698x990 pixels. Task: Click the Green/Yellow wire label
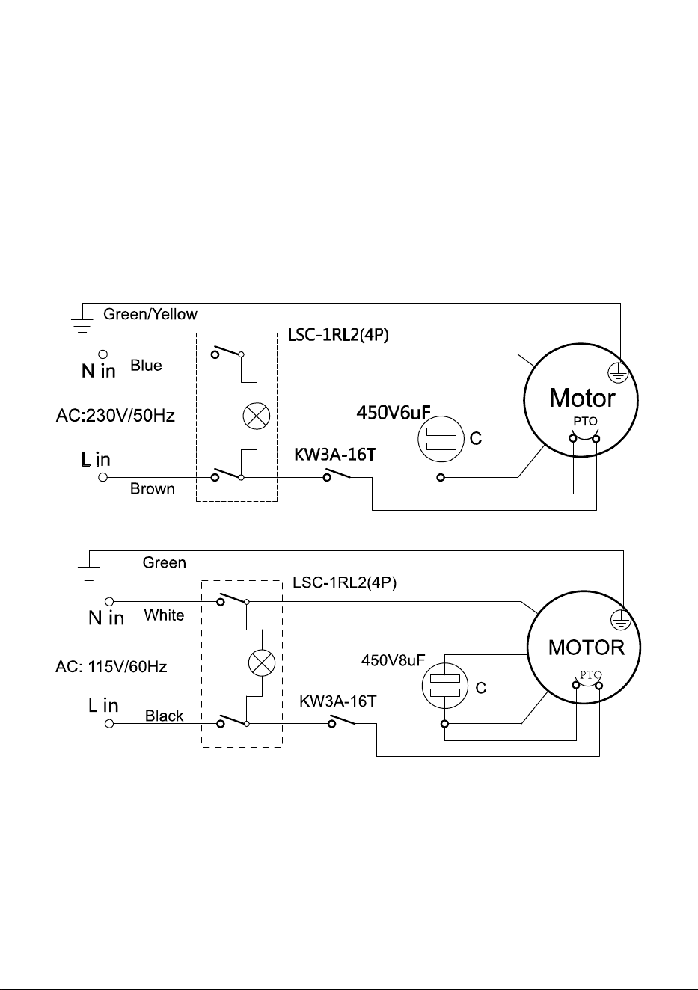[150, 314]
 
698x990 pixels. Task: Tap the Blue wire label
[146, 366]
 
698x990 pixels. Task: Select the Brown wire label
[152, 489]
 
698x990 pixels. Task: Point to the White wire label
[164, 615]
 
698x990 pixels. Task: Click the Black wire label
[164, 716]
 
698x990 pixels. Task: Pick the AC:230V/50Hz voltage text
[115, 416]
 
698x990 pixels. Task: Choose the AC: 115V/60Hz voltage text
[111, 666]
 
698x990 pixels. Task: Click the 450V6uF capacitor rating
[394, 412]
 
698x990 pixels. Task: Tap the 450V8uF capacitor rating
[393, 660]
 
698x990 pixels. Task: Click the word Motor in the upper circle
[582, 398]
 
